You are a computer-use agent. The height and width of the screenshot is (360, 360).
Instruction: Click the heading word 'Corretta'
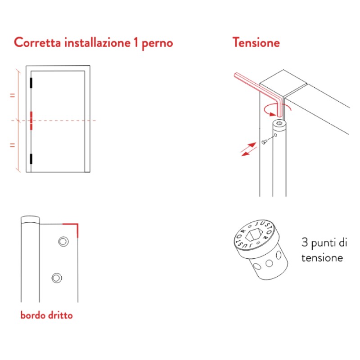[x=38, y=43]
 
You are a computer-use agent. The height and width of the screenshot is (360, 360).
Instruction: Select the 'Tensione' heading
[x=256, y=43]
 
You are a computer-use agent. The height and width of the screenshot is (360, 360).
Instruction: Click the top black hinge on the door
[x=31, y=83]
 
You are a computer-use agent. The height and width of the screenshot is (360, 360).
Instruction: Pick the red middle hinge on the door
[x=31, y=121]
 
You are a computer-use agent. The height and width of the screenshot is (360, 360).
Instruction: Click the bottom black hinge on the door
[x=31, y=158]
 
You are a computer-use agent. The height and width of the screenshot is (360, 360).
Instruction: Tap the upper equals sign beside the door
[x=13, y=95]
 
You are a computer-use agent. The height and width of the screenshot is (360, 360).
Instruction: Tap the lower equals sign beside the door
[x=13, y=145]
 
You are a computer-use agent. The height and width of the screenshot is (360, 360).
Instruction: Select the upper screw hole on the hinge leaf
[x=62, y=242]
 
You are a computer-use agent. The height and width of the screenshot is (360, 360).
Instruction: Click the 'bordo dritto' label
[x=46, y=315]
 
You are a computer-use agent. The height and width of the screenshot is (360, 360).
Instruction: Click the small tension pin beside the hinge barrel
[x=264, y=142]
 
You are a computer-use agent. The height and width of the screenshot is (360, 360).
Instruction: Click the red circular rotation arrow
[x=276, y=108]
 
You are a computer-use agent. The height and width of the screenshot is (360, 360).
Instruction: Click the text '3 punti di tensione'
[x=324, y=251]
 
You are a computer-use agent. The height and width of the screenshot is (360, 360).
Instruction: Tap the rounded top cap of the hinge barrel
[x=30, y=220]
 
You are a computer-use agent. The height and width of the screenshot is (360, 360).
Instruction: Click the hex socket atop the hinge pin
[x=280, y=122]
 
